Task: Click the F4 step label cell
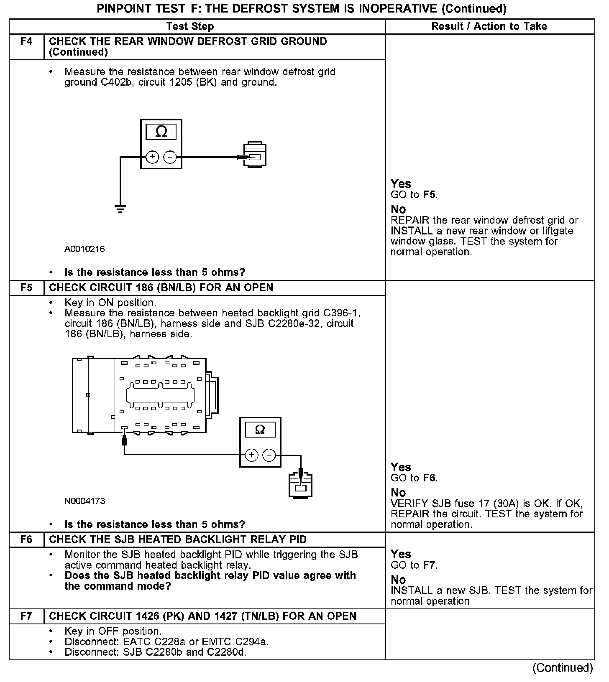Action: point(26,41)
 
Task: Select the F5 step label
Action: point(26,288)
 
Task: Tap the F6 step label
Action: point(26,539)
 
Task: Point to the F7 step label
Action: point(26,616)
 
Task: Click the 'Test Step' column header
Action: point(190,26)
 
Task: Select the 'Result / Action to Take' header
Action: point(489,26)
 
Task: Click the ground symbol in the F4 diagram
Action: point(120,209)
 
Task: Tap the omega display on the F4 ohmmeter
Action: point(161,132)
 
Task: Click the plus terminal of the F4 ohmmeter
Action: point(152,157)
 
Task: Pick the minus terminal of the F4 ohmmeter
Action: point(170,157)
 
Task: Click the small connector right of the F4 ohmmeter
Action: point(255,155)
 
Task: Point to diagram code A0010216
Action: point(84,249)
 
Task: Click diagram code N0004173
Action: point(85,501)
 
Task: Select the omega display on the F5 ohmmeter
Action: point(260,430)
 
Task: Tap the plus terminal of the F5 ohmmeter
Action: point(251,455)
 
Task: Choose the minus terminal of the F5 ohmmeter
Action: point(269,455)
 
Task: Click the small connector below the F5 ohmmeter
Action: point(301,485)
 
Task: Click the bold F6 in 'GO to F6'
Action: point(430,478)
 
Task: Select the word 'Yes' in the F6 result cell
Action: point(401,554)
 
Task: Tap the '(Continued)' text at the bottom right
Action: point(563,668)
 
